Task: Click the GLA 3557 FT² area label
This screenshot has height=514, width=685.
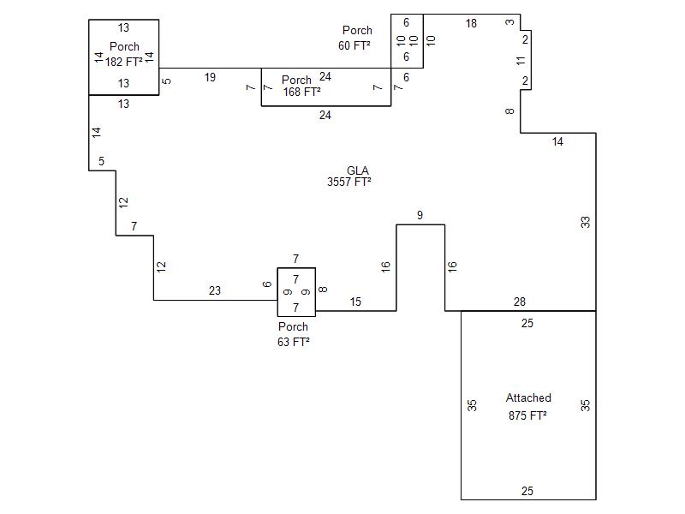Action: (x=350, y=176)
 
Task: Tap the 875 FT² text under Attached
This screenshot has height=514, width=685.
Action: (x=527, y=415)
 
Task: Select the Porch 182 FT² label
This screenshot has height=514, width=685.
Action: (x=124, y=54)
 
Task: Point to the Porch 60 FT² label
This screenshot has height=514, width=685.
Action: (x=355, y=38)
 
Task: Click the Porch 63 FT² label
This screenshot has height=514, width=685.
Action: (x=293, y=333)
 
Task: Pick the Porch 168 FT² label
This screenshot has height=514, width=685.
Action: (x=301, y=86)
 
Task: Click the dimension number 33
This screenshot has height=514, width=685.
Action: (x=586, y=222)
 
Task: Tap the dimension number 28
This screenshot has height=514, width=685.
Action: (x=520, y=302)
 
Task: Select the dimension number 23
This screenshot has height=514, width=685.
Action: (x=214, y=291)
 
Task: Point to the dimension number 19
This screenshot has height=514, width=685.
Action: (x=210, y=77)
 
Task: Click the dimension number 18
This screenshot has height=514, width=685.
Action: (x=471, y=24)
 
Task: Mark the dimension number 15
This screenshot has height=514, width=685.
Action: (x=355, y=302)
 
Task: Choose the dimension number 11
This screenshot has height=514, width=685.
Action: (x=520, y=60)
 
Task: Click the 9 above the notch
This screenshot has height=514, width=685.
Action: (x=420, y=216)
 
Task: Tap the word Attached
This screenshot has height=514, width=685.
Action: (x=528, y=397)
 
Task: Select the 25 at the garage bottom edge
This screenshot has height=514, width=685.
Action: (x=527, y=491)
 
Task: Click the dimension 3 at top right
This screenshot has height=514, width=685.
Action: (x=510, y=21)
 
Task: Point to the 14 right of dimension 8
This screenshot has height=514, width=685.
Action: (x=557, y=142)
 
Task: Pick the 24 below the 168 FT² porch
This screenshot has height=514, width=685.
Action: (x=325, y=115)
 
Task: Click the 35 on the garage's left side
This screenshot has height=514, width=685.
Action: (x=472, y=405)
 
